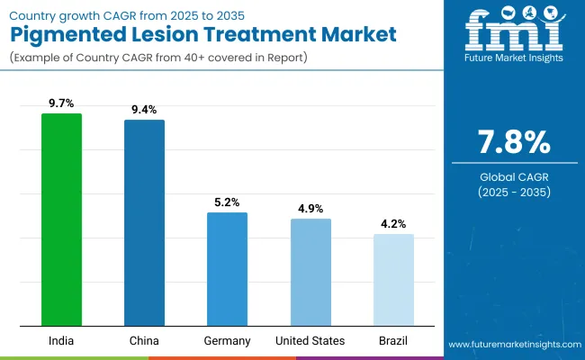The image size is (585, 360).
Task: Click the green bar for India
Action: click(x=61, y=220)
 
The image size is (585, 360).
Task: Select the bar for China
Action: click(x=144, y=222)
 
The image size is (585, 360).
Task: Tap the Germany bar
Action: click(x=227, y=269)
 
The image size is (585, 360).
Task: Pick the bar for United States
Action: click(x=310, y=272)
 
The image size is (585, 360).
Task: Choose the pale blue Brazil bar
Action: click(x=393, y=280)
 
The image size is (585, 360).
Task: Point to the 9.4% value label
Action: click(x=144, y=110)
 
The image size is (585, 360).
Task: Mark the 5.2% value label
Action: click(x=227, y=202)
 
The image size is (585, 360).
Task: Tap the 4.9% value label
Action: click(x=310, y=209)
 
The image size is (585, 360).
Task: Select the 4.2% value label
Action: click(x=393, y=224)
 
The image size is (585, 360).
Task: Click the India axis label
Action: click(x=61, y=341)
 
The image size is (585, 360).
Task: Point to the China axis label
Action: click(x=144, y=341)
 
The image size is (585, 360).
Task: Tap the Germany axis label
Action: click(x=227, y=341)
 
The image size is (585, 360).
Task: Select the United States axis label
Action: click(x=310, y=341)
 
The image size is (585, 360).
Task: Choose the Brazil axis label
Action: click(x=393, y=341)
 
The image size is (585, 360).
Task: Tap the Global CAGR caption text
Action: click(x=511, y=175)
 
